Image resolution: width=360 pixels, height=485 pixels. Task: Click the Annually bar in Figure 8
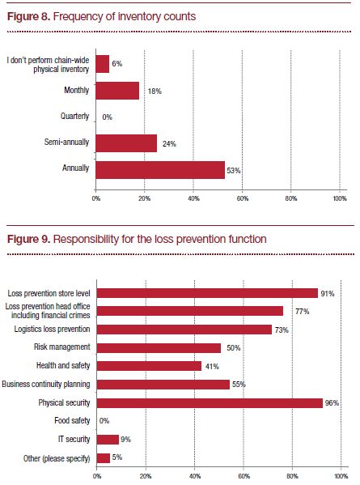[x=160, y=170]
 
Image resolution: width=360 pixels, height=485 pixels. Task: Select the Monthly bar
[x=117, y=91]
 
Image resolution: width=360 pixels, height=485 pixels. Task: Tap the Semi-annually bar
[x=126, y=143]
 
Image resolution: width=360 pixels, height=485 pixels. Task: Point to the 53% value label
[x=234, y=170]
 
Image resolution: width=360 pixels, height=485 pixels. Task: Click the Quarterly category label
[x=74, y=116]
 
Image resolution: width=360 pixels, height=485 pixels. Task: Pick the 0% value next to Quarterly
[x=108, y=117]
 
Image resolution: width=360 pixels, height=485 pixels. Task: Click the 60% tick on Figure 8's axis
[x=243, y=198]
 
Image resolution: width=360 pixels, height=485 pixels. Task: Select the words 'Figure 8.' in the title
[x=28, y=16]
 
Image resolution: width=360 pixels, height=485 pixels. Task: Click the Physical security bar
[x=210, y=402]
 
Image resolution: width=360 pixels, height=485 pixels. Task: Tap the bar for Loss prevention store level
[x=207, y=293]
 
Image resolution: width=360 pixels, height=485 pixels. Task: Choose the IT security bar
[x=108, y=440]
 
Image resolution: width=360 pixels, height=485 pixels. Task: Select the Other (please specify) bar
[x=104, y=458]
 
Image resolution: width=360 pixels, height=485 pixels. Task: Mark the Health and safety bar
[x=149, y=366]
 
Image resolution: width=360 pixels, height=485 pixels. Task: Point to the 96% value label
[x=332, y=402]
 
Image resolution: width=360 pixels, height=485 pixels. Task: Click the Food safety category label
[x=72, y=421]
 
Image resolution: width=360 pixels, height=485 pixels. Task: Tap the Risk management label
[x=62, y=347]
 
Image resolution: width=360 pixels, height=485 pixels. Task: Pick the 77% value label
[x=303, y=312]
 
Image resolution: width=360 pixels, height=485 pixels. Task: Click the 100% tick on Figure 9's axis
[x=341, y=476]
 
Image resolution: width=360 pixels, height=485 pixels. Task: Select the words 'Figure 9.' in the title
[x=28, y=239]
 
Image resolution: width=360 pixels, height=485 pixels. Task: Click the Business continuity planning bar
[x=163, y=385]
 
